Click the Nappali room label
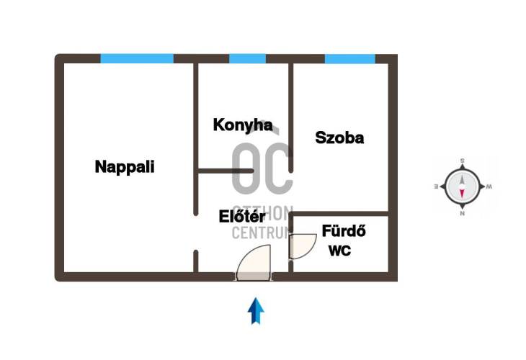click(125, 167)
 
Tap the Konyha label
click(243, 125)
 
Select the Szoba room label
click(339, 138)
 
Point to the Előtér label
click(243, 215)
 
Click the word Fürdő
click(344, 232)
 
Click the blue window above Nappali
click(137, 58)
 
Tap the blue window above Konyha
click(247, 58)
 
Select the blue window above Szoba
click(349, 58)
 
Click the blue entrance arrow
click(256, 310)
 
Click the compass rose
click(462, 187)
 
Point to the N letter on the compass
click(462, 213)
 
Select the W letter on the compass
click(489, 187)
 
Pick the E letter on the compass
click(436, 186)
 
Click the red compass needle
click(462, 194)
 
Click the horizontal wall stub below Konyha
click(226, 171)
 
